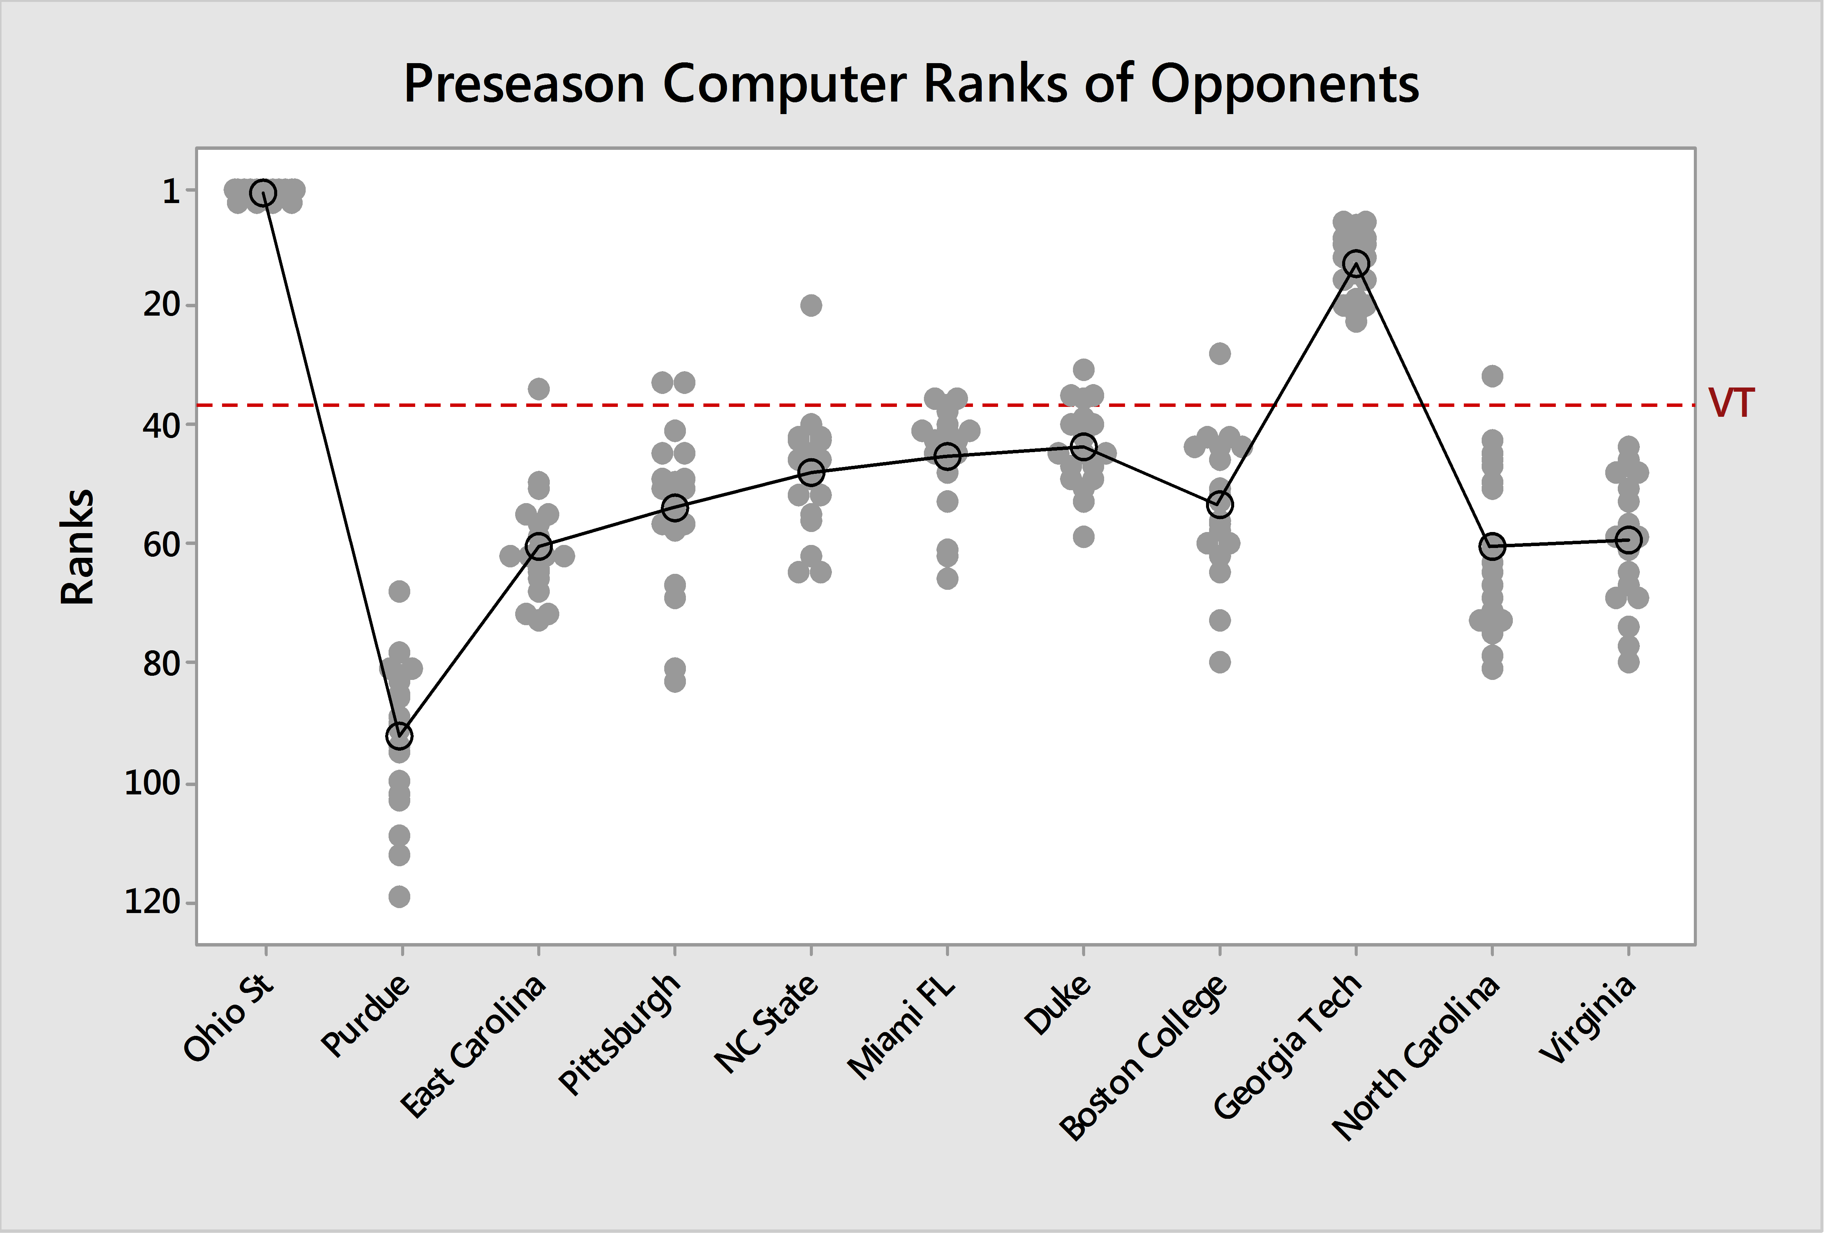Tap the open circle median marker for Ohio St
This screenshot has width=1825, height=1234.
click(x=263, y=192)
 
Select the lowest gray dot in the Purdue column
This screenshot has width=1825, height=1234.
click(x=399, y=896)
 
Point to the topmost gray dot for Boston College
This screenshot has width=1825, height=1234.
click(x=1220, y=354)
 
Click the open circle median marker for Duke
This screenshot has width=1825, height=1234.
click(x=1084, y=447)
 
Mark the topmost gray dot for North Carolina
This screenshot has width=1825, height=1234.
click(x=1492, y=376)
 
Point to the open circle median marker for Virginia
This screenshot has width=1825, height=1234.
click(x=1628, y=540)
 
